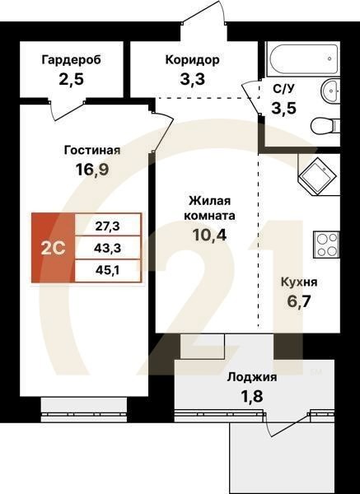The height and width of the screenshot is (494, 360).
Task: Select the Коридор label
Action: (192, 59)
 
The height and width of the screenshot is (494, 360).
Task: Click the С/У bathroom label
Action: (283, 89)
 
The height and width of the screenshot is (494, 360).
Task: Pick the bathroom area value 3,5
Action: (283, 108)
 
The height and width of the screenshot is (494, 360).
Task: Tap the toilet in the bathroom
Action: (325, 125)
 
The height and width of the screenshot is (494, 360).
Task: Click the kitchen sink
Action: (316, 175)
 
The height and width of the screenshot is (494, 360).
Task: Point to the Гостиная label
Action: (92, 150)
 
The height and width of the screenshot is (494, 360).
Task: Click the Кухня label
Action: (297, 282)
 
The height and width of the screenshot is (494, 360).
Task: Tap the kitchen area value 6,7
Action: (297, 302)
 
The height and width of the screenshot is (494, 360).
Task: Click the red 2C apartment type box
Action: (53, 248)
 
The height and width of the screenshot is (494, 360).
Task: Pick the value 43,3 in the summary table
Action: (108, 247)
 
